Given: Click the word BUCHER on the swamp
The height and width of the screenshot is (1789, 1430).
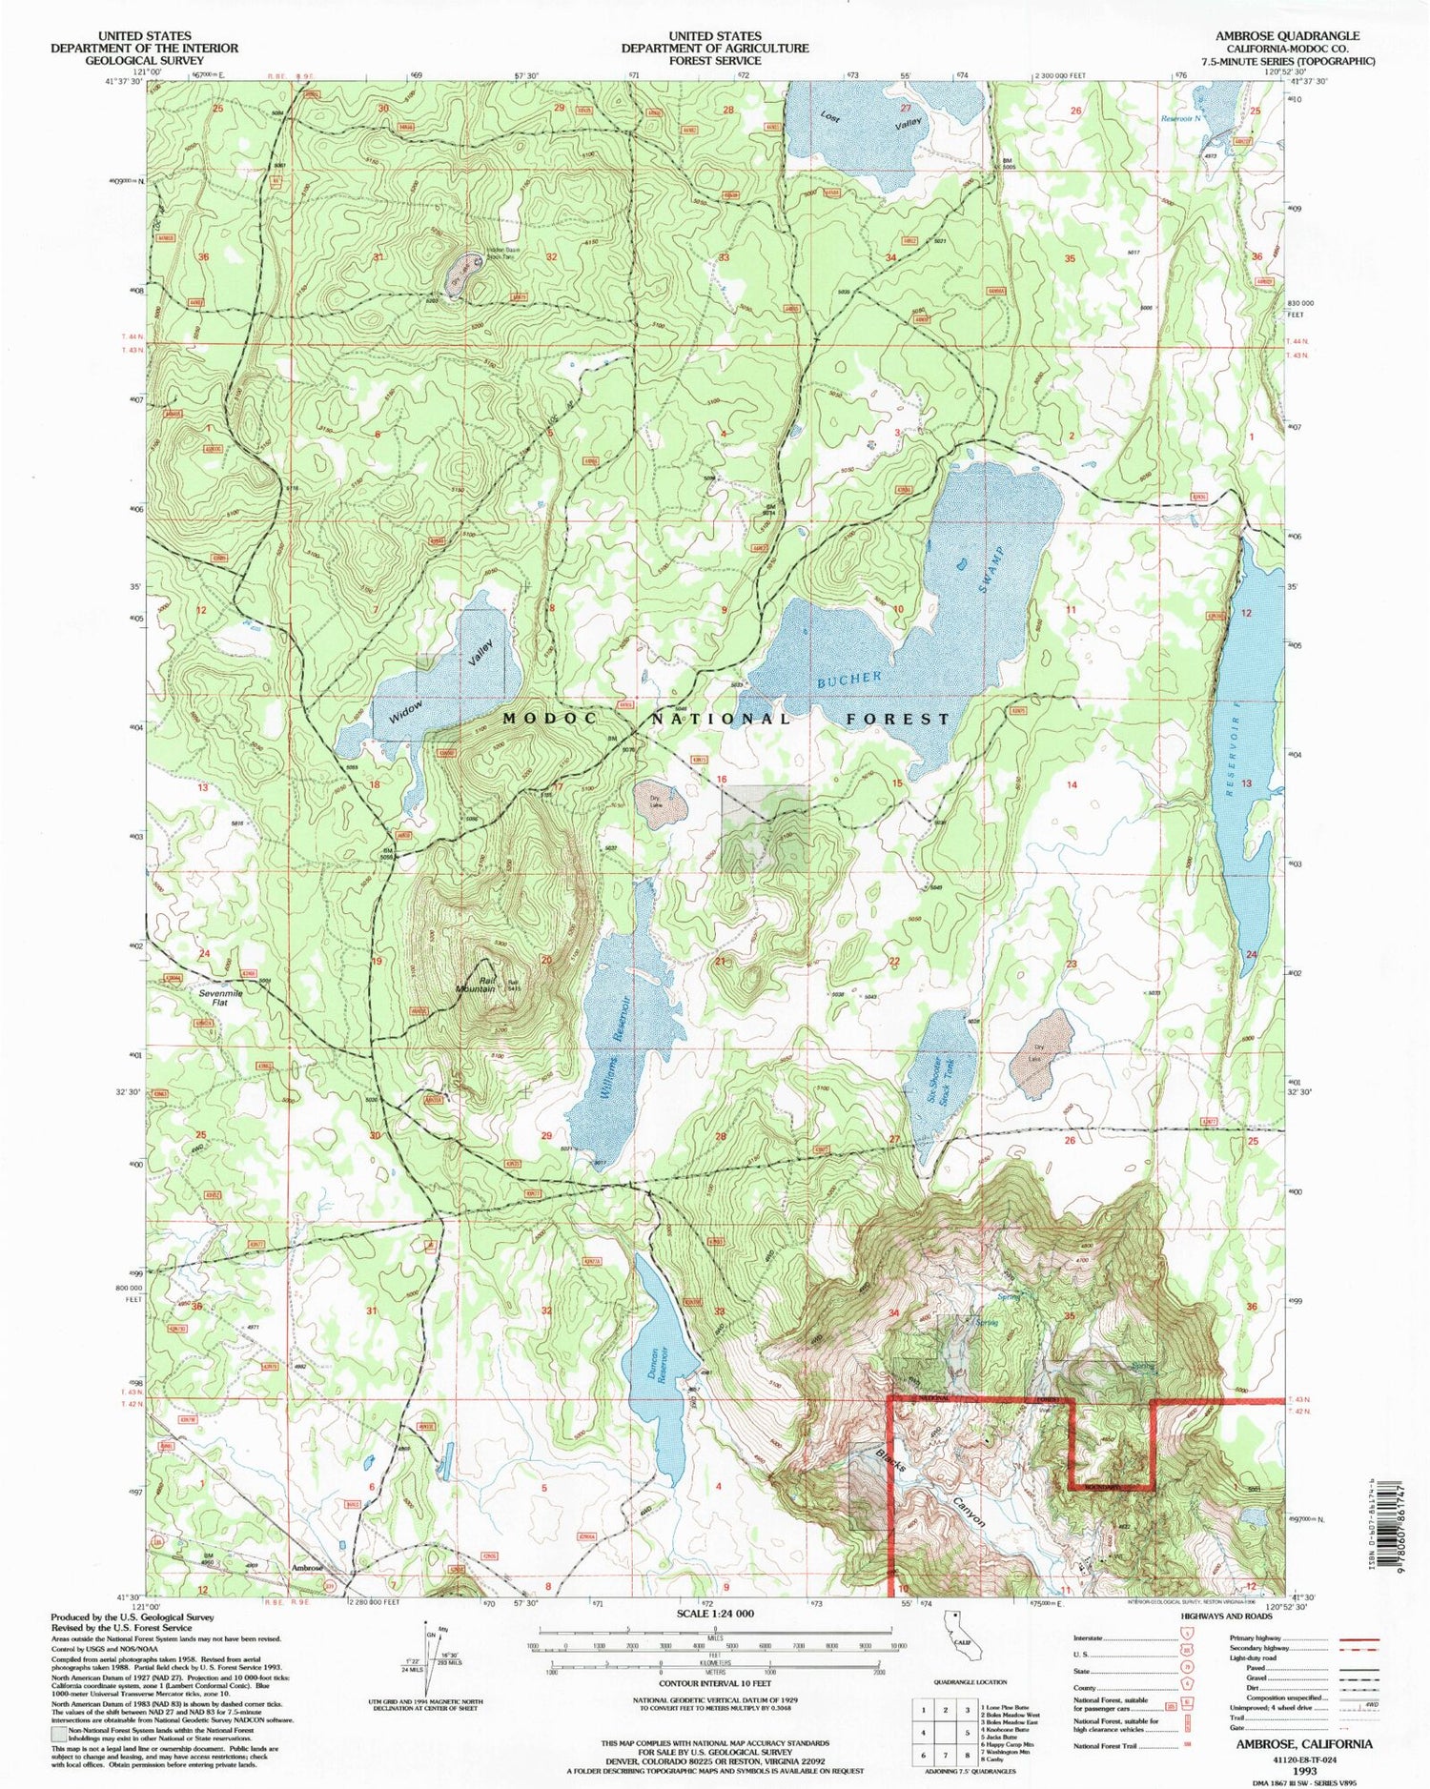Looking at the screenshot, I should [x=849, y=679].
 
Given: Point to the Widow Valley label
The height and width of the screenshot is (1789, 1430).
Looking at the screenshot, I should [x=446, y=681].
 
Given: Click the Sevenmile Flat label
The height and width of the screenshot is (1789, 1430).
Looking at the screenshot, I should [x=221, y=998].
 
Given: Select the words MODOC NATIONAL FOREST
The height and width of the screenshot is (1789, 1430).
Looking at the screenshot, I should [x=725, y=719].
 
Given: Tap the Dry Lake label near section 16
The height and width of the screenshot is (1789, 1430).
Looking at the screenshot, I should [x=655, y=802].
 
